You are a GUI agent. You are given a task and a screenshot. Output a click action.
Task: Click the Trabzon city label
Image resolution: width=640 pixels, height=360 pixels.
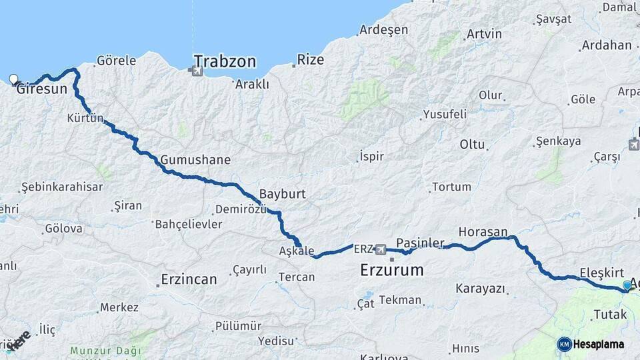[225, 61]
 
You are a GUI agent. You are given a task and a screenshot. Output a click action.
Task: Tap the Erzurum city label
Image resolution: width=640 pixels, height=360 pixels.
[391, 270]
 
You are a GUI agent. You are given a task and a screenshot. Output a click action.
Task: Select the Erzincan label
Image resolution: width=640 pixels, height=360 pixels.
[189, 279]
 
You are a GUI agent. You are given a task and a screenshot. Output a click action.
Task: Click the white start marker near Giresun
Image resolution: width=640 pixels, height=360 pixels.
[14, 79]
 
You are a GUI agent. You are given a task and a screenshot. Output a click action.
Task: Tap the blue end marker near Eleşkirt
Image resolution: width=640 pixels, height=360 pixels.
[627, 285]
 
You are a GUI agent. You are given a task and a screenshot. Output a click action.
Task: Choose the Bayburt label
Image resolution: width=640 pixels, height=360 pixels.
[282, 194]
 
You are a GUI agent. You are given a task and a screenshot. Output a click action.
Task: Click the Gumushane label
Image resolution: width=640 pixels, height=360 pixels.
[195, 160]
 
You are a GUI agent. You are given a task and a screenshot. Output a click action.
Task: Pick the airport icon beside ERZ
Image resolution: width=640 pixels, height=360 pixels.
[380, 249]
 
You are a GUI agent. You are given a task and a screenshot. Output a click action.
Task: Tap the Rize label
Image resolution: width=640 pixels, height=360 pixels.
[310, 60]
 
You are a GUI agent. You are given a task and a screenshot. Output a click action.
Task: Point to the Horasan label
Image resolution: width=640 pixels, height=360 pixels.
[483, 232]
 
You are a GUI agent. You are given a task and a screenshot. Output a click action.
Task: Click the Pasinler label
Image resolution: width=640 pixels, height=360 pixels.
[420, 243]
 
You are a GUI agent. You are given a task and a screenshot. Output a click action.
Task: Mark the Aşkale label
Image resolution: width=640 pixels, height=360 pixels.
[297, 251]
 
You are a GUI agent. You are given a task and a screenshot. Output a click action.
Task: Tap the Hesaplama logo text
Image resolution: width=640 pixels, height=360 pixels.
[601, 344]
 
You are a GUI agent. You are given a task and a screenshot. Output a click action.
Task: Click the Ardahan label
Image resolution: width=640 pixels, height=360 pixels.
[606, 45]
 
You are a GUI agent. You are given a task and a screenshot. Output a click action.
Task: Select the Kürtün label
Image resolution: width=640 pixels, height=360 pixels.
[85, 119]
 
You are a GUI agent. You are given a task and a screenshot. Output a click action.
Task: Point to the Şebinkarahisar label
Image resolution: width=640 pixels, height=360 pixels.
[62, 187]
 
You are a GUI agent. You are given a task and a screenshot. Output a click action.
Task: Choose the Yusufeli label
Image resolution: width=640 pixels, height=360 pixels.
[445, 114]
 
